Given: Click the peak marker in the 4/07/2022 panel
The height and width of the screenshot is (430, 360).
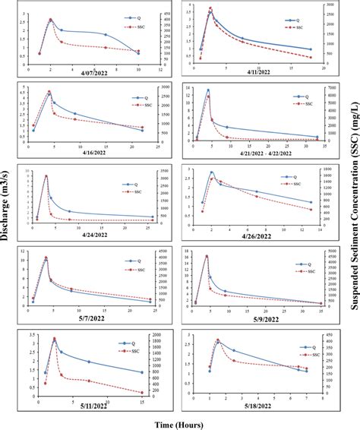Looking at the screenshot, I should tap(51, 20).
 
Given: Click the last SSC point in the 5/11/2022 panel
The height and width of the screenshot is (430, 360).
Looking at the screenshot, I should tap(142, 393).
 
